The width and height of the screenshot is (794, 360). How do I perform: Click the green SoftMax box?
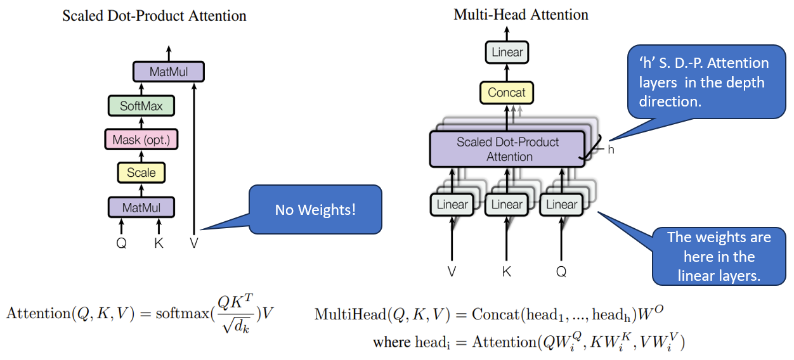coord(141,106)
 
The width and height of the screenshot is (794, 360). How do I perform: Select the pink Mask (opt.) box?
coord(141,139)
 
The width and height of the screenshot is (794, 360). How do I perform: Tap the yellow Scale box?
coord(141,172)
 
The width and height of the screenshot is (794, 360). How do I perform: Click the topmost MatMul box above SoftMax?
coord(168,72)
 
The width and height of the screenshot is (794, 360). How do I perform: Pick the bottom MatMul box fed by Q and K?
coord(141,207)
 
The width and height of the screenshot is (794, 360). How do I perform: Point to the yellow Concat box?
coord(507,93)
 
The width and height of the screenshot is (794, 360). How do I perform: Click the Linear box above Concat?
coord(507,52)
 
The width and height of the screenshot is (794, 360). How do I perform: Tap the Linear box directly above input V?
coord(452,205)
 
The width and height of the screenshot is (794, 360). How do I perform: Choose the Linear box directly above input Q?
coord(561,205)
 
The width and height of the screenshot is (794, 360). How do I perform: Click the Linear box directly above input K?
coord(507,205)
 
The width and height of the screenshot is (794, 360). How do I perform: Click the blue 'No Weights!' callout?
coord(315,209)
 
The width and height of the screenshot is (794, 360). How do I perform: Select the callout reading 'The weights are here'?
coord(719,257)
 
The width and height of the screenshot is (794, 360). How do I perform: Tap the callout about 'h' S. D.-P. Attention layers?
coord(706,82)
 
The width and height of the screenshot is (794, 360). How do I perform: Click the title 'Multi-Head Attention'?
coord(521,15)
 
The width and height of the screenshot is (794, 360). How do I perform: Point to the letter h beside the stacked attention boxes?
coord(611,150)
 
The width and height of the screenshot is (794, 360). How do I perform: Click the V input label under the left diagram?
coord(194,243)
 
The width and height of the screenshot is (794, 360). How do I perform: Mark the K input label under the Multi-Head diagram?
coord(507,271)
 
